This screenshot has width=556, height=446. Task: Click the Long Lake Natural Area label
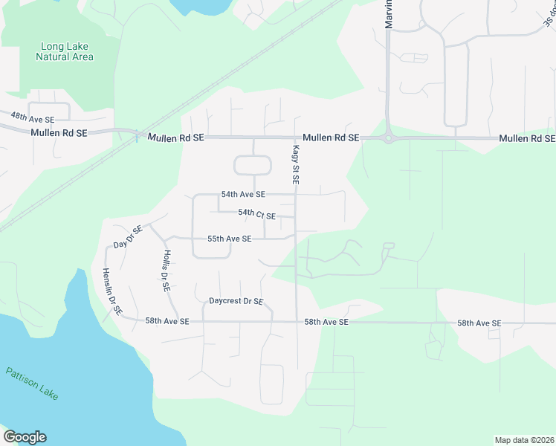[x=67, y=51]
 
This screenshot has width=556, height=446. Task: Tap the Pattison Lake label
[x=31, y=383]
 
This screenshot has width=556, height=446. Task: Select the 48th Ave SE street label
[x=33, y=118]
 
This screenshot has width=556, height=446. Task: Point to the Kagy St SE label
[x=295, y=164]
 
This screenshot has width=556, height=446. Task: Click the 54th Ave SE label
[x=243, y=194]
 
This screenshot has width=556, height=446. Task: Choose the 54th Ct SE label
[x=257, y=215]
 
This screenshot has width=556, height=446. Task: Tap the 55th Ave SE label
[x=229, y=239]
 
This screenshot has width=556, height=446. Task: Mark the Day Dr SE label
[x=128, y=238]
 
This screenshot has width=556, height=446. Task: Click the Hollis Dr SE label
[x=165, y=270]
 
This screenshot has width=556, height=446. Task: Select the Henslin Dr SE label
[x=112, y=291]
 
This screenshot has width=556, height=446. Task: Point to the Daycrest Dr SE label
[x=236, y=301]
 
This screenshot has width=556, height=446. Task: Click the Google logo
[x=25, y=437]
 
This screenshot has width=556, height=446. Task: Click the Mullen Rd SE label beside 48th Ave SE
[x=59, y=132]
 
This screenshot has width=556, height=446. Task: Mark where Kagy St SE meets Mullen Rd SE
[x=296, y=138]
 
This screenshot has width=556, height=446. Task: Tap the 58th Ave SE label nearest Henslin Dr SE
[x=167, y=321]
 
